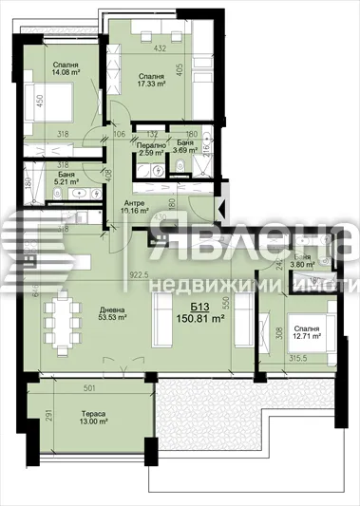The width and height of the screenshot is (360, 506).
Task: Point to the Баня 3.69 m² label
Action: (186, 148)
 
